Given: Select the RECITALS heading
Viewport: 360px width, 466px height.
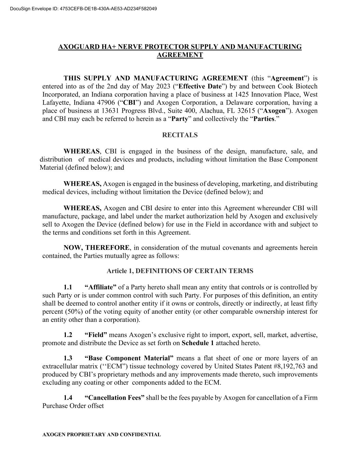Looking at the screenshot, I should pyautogui.click(x=180, y=135).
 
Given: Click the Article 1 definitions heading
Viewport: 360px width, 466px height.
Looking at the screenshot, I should pyautogui.click(x=180, y=271).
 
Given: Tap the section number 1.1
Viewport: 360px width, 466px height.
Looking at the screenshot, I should pyautogui.click(x=68, y=287).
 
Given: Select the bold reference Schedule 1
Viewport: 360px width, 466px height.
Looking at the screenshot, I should pyautogui.click(x=198, y=343).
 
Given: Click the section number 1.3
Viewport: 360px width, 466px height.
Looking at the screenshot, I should pyautogui.click(x=68, y=358).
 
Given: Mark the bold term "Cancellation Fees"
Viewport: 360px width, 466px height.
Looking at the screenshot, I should pyautogui.click(x=114, y=398).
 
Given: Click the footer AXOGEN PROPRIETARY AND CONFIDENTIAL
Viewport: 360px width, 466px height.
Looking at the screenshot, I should pyautogui.click(x=101, y=435).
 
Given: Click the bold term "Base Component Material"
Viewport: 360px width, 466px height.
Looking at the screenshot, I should pyautogui.click(x=129, y=358).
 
